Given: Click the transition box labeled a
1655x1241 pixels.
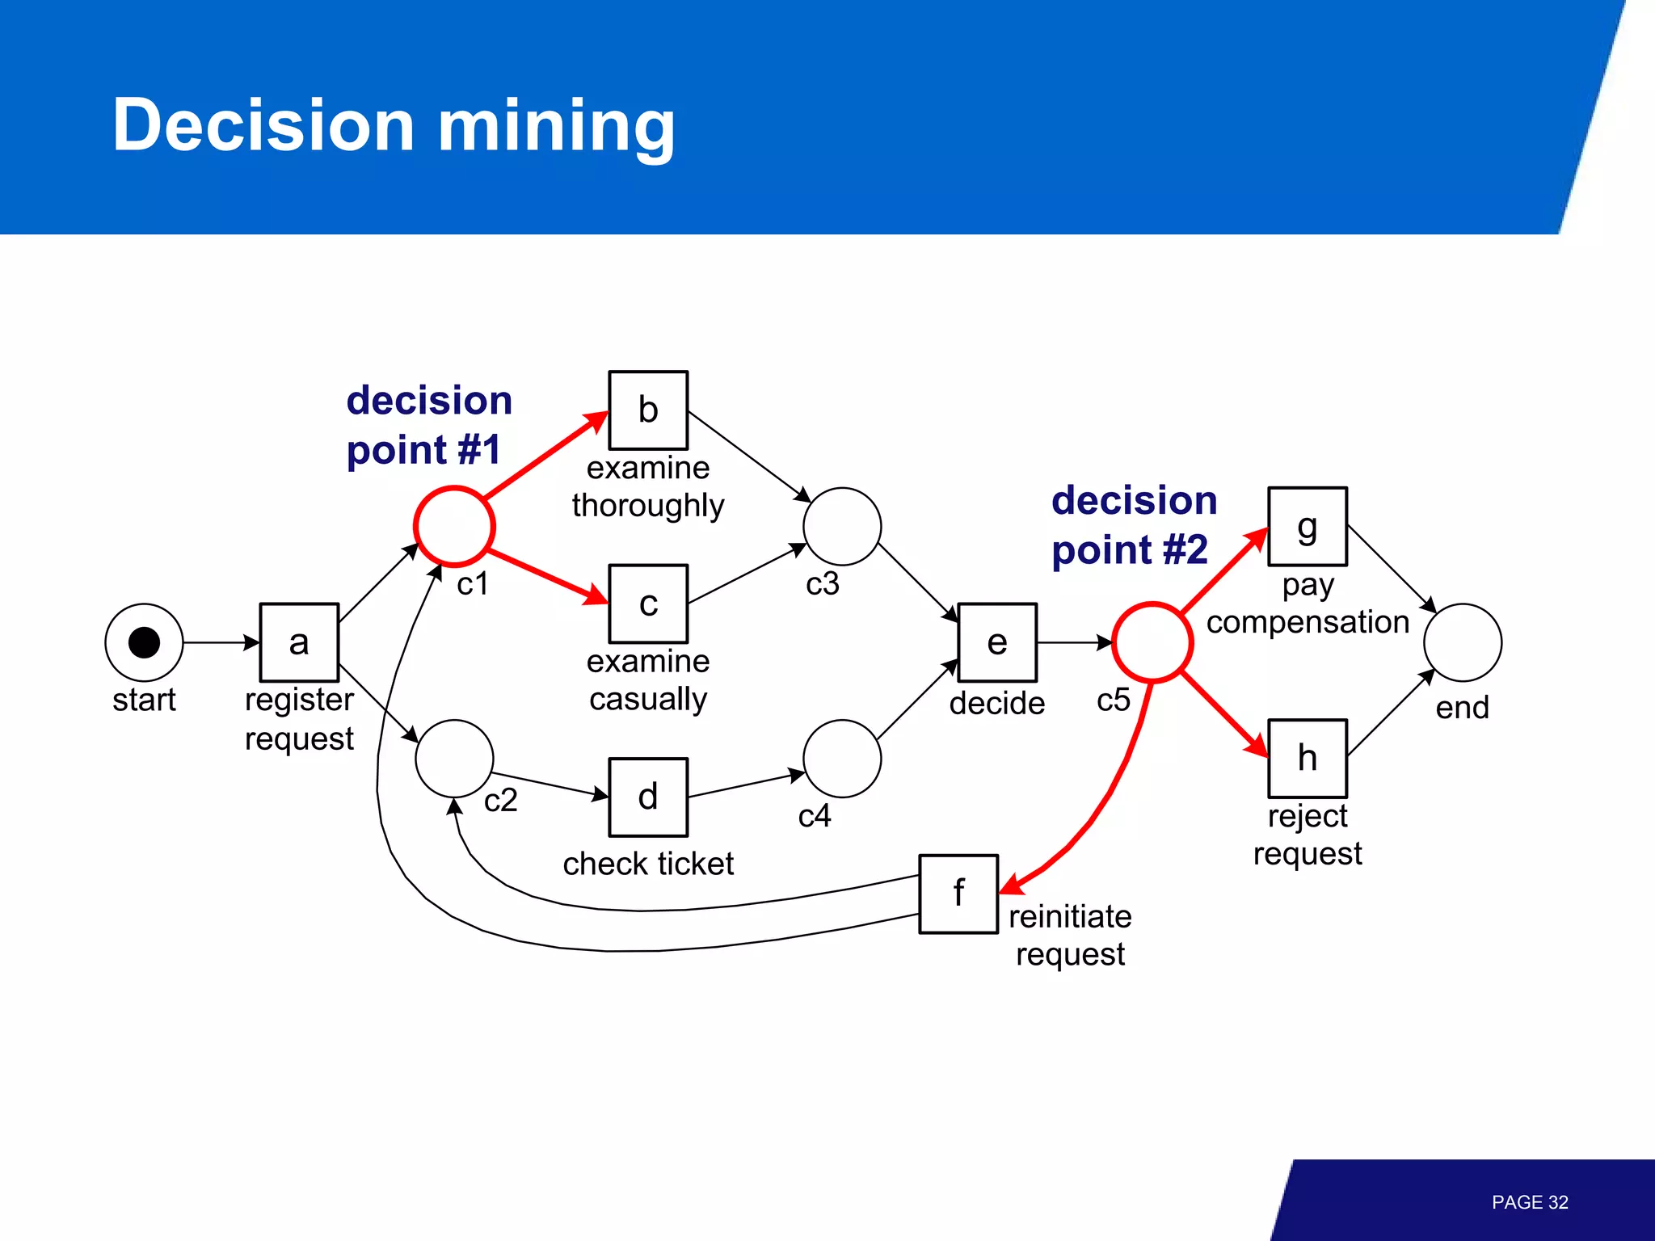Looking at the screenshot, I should [x=299, y=642].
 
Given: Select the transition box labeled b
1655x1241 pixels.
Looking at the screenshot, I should [x=648, y=410].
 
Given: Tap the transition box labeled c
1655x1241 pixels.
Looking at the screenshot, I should [x=648, y=604].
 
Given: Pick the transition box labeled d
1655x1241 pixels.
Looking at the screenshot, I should [x=648, y=797].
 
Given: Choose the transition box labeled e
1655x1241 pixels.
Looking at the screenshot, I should [x=997, y=642].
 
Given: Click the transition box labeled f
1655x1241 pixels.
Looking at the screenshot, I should [x=958, y=894].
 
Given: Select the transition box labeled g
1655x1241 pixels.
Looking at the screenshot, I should [x=1307, y=526].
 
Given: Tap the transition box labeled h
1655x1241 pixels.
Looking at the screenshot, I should [x=1307, y=758].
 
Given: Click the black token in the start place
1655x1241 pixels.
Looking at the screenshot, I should [x=144, y=642].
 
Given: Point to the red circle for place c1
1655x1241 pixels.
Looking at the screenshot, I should [x=454, y=526].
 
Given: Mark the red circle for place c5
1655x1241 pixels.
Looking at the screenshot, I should [x=1152, y=642].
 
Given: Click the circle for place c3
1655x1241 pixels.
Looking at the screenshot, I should [x=842, y=526].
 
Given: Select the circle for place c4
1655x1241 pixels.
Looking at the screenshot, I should [x=842, y=758].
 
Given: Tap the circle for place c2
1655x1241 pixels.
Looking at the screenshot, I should [x=454, y=758].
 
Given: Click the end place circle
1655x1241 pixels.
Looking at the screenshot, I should [x=1462, y=642].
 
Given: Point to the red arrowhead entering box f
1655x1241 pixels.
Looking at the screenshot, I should [x=1012, y=886].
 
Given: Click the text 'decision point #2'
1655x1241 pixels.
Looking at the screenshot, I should [x=1133, y=525].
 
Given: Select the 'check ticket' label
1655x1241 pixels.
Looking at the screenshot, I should [x=648, y=864].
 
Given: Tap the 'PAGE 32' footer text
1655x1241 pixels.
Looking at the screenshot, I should [x=1529, y=1202].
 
